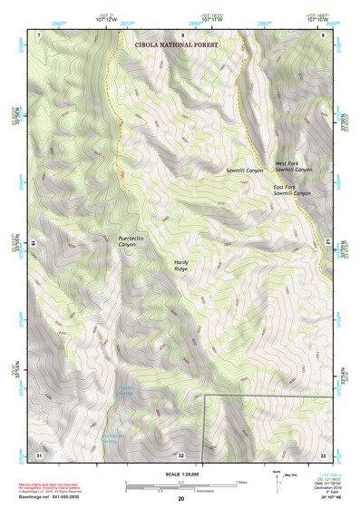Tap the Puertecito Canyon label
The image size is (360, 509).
click(131, 241)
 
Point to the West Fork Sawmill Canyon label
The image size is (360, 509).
click(293, 167)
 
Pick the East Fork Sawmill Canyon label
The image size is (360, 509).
click(292, 191)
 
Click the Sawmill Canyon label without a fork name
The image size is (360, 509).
click(244, 170)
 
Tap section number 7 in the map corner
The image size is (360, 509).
click(39, 34)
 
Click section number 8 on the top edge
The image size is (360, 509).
click(181, 34)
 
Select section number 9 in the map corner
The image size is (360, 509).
click(324, 34)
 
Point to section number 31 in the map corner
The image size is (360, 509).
click(39, 454)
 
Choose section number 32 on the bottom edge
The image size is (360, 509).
click(181, 454)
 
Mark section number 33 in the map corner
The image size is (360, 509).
click(323, 454)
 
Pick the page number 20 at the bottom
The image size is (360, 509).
click(181, 499)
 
